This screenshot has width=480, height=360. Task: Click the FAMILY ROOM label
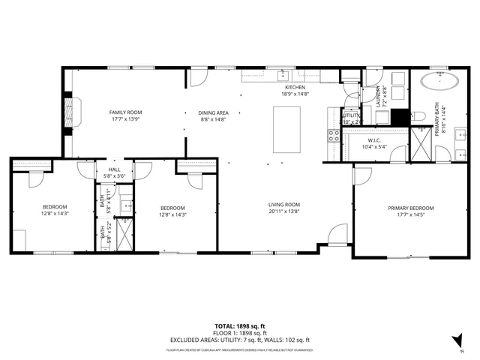click(126, 112)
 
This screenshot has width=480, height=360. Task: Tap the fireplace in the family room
click(70, 112)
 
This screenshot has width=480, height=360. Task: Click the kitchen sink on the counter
click(284, 74)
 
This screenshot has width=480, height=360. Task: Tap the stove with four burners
click(333, 136)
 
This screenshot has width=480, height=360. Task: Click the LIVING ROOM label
click(284, 204)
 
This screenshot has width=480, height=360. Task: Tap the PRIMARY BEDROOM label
click(410, 208)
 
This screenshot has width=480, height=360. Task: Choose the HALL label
click(114, 169)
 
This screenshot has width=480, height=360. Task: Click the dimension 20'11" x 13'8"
click(284, 211)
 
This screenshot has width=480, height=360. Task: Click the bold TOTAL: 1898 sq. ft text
click(239, 326)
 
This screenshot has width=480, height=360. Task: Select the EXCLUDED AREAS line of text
click(239, 340)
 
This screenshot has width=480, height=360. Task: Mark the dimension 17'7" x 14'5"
click(410, 215)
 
